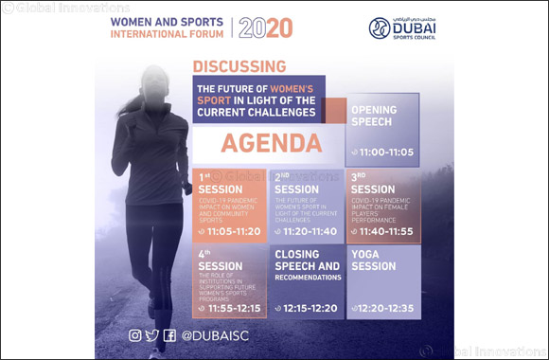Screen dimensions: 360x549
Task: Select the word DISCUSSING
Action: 239,66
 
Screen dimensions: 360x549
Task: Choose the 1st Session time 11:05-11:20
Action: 232,230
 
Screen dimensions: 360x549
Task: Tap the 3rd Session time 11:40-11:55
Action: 383,230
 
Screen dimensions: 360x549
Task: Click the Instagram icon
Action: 135,334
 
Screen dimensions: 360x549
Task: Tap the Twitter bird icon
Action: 152,334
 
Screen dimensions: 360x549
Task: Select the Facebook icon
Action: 169,334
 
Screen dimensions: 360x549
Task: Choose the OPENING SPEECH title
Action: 374,116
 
